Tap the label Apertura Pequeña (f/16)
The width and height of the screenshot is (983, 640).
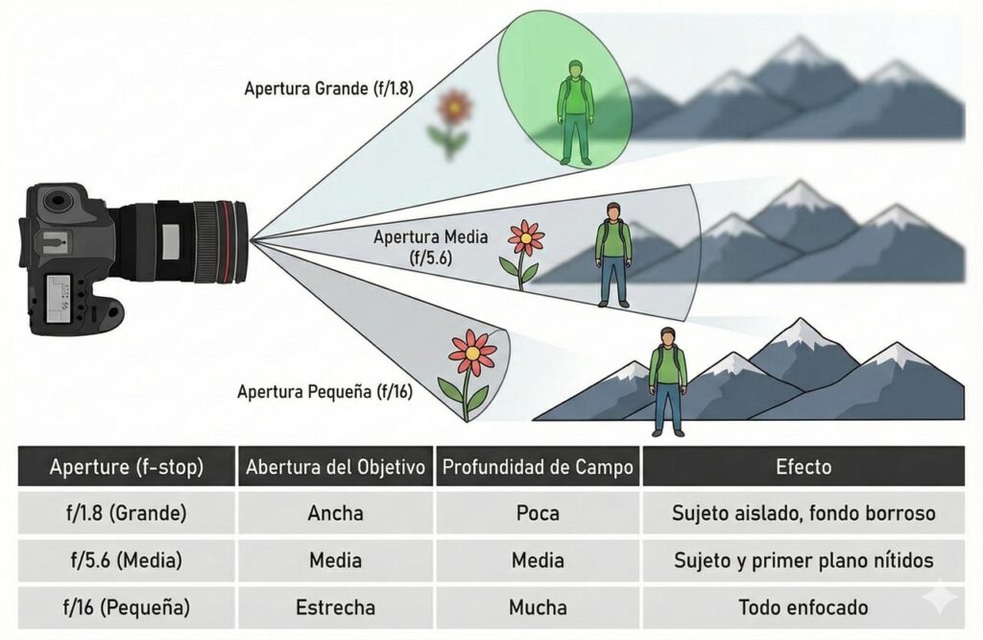325,391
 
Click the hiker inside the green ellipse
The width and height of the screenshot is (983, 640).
576,111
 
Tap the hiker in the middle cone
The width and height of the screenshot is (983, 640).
613,254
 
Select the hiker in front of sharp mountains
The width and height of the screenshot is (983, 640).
668,381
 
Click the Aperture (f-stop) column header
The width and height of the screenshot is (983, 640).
126,468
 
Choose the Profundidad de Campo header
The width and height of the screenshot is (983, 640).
537,468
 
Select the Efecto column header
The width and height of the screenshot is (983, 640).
803,468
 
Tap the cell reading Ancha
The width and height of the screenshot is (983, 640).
335,513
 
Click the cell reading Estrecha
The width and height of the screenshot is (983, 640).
335,607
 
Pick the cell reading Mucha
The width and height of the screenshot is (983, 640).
537,607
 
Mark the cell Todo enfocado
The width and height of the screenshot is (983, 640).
803,607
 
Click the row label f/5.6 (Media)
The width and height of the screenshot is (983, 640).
126,560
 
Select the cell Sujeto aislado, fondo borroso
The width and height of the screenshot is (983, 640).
803,513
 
